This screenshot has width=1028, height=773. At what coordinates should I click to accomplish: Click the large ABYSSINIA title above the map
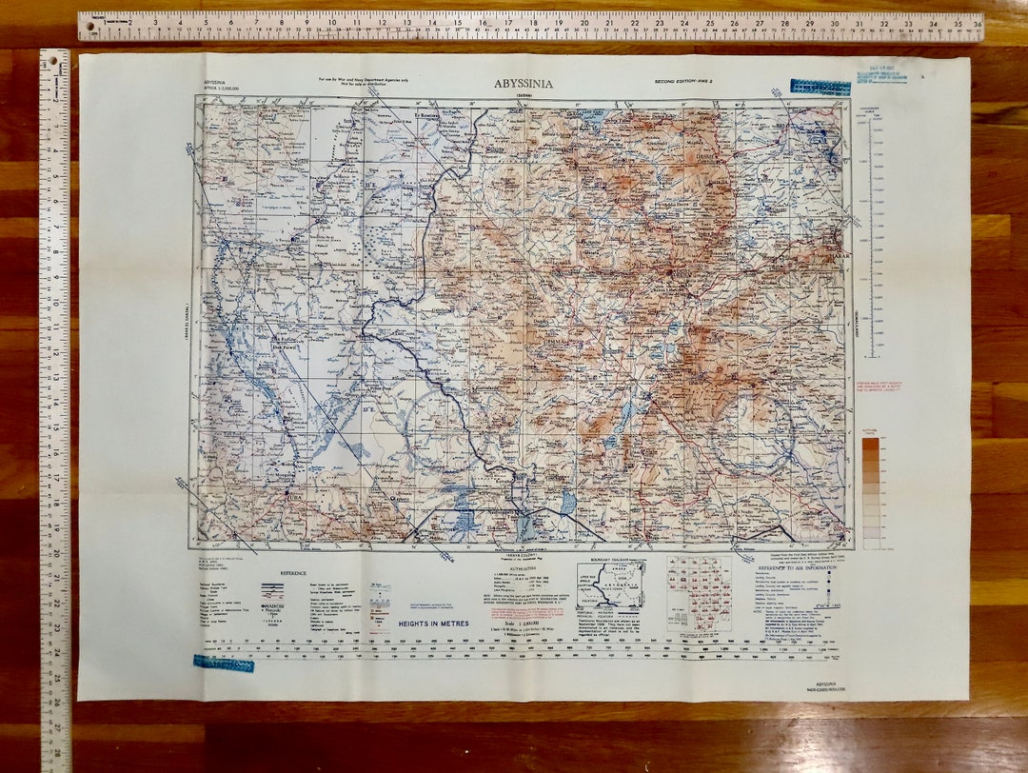coord(523,83)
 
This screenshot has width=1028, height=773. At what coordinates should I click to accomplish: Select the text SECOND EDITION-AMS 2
coord(688,83)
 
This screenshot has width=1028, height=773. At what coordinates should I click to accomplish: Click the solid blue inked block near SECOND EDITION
coord(820,88)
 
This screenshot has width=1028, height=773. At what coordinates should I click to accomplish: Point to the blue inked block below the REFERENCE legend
coord(224,663)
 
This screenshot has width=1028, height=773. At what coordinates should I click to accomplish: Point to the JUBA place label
coord(293,495)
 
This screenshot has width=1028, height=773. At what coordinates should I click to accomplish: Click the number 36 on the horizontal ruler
coord(977,21)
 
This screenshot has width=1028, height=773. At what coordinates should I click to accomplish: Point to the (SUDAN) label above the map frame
coord(524,94)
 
